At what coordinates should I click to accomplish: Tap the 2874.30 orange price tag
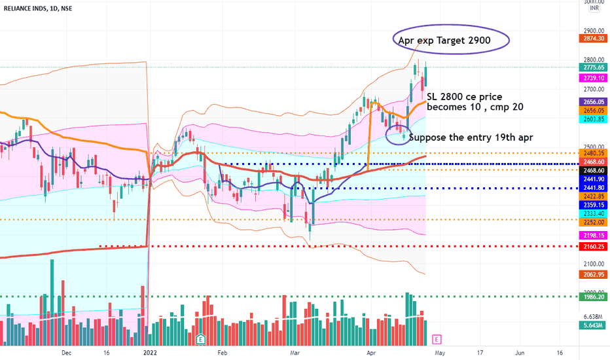pyautogui.click(x=594, y=39)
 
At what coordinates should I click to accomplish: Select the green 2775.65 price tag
pyautogui.click(x=594, y=67)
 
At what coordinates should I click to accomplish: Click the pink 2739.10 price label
pyautogui.click(x=594, y=78)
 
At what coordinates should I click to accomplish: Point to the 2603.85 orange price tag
pyautogui.click(x=594, y=120)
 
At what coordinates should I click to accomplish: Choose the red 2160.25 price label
pyautogui.click(x=594, y=247)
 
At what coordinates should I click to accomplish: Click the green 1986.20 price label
pyautogui.click(x=594, y=297)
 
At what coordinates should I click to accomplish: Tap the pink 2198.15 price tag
pyautogui.click(x=594, y=235)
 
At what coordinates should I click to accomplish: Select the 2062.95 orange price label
pyautogui.click(x=594, y=274)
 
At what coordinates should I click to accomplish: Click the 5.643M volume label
pyautogui.click(x=594, y=322)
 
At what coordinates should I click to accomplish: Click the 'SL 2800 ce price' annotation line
pyautogui.click(x=464, y=97)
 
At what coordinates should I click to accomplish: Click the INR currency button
pyautogui.click(x=594, y=9)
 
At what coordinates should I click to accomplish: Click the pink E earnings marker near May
pyautogui.click(x=437, y=339)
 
